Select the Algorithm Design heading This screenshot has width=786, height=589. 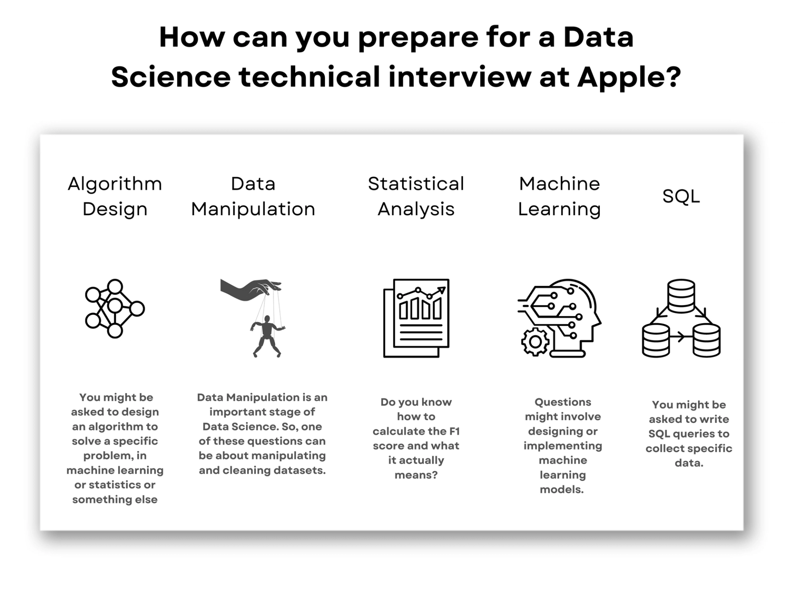click(x=115, y=196)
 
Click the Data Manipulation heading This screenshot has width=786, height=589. click(x=253, y=196)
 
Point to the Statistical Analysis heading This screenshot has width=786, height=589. click(x=416, y=196)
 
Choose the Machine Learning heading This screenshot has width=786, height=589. click(x=559, y=196)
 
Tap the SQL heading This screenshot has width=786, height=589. click(x=681, y=196)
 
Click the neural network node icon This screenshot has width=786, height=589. click(x=115, y=308)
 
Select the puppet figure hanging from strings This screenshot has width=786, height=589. click(x=267, y=335)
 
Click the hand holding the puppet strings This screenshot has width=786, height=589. click(x=250, y=289)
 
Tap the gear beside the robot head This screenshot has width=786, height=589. click(x=535, y=342)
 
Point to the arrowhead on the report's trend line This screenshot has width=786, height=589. click(x=441, y=290)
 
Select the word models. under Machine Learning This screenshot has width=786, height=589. click(x=562, y=490)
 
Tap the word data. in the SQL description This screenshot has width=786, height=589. click(x=689, y=463)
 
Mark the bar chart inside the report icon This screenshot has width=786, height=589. click(x=420, y=308)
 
